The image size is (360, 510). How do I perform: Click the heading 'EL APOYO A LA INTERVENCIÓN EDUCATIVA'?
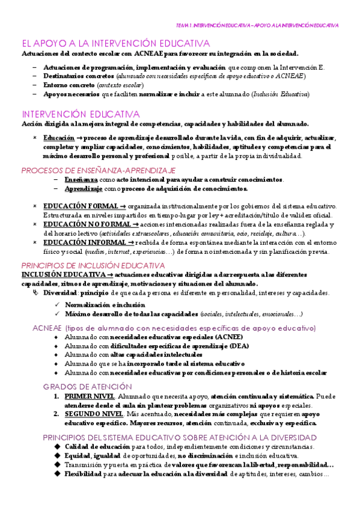(x=115, y=43)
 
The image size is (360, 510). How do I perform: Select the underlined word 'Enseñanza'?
(x=81, y=179)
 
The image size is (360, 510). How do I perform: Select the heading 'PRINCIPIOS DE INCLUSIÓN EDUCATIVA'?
(x=93, y=265)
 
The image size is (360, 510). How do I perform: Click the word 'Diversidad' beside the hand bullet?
(x=60, y=293)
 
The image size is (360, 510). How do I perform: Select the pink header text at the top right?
(x=257, y=26)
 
